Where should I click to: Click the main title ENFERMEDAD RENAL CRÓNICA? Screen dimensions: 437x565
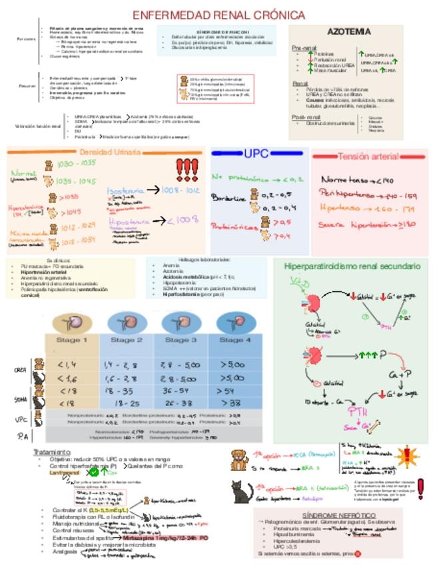coord(218,15)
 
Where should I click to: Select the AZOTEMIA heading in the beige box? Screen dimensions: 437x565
coord(349,31)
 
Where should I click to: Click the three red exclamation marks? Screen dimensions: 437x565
coord(187,170)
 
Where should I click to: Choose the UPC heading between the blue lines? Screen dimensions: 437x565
coord(256,153)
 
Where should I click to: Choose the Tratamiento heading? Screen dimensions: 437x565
coord(52,452)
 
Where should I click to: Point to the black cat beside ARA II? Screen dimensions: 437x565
coord(242,492)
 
